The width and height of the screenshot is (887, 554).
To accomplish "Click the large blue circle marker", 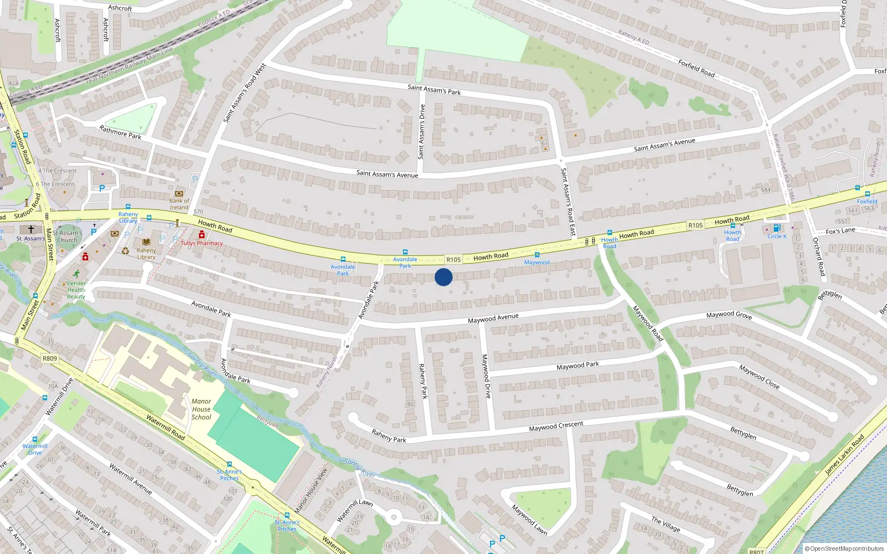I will pyautogui.click(x=443, y=277).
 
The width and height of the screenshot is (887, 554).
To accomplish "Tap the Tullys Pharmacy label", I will pyautogui.click(x=202, y=243).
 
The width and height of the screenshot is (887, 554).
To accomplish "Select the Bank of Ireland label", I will pyautogui.click(x=179, y=204).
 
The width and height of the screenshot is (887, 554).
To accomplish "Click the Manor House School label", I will pyautogui.click(x=201, y=409).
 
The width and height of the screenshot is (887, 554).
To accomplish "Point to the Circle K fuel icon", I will pyautogui.click(x=777, y=228).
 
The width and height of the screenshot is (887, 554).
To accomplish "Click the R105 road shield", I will pyautogui.click(x=453, y=259).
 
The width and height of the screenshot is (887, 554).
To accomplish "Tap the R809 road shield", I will pyautogui.click(x=49, y=358).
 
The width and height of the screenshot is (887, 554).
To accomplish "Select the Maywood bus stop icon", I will pyautogui.click(x=537, y=255).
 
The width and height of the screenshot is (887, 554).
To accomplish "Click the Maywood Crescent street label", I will pyautogui.click(x=556, y=426).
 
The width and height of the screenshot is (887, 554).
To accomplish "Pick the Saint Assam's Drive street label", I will pyautogui.click(x=422, y=131).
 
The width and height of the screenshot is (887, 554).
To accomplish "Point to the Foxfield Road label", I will pyautogui.click(x=696, y=68).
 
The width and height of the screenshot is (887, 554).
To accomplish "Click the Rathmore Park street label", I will pyautogui.click(x=120, y=132).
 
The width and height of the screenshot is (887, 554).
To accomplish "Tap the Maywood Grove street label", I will pyautogui.click(x=729, y=315).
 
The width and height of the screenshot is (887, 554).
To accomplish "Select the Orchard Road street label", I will pyautogui.click(x=818, y=257).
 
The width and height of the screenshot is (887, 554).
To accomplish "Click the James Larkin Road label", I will pyautogui.click(x=844, y=455).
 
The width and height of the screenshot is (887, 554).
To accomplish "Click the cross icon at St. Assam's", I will pyautogui.click(x=31, y=229).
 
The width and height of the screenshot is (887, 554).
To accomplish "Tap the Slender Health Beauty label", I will pyautogui.click(x=76, y=290).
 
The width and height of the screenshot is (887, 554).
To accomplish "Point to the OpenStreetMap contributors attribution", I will pyautogui.click(x=844, y=548).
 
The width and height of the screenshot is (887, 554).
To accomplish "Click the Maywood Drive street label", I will pyautogui.click(x=486, y=376).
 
